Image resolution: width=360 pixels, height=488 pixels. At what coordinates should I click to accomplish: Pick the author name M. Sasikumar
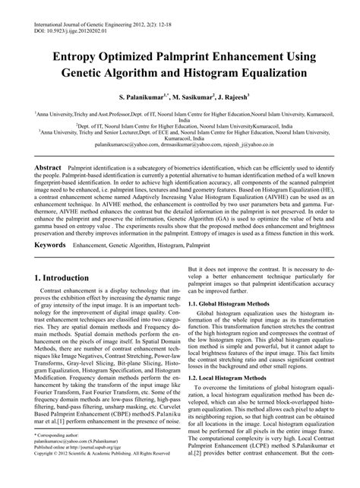pos(197,98)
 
